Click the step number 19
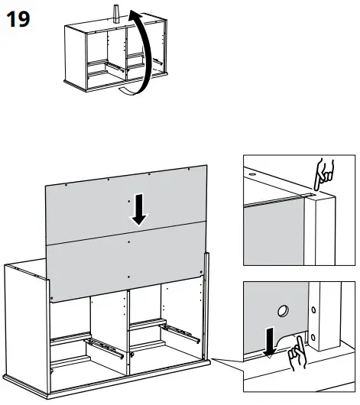pos(18,19)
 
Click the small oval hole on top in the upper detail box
pos(253,173)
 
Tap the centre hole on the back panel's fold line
pos(129,241)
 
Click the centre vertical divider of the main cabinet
pos(127,329)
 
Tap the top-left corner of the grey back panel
pos(45,184)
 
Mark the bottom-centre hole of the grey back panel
pos(129,275)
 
